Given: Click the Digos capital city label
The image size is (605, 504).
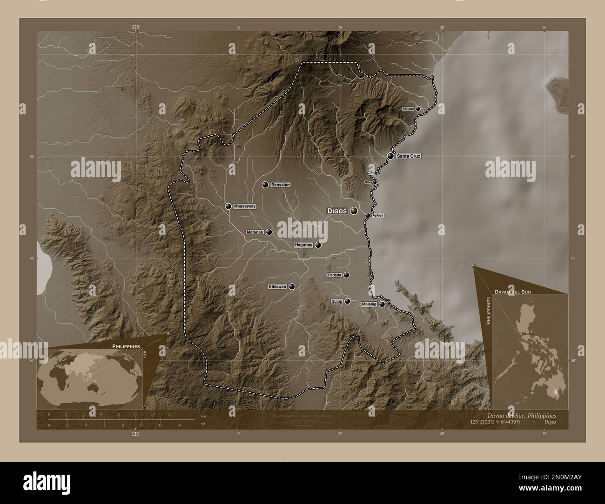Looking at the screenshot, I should click(337, 211).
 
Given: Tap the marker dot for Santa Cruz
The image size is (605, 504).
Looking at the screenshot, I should click(390, 156).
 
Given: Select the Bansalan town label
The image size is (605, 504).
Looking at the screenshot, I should click(281, 185).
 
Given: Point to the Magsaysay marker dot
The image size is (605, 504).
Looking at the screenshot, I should click(228, 206).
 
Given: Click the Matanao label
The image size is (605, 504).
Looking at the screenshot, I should click(255, 232).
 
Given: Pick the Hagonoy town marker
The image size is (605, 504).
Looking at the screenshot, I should click(318, 245).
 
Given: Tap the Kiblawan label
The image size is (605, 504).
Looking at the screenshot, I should click(277, 287).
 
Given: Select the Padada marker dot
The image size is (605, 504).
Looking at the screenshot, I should click(347, 275).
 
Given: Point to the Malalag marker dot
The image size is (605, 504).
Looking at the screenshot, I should click(382, 305).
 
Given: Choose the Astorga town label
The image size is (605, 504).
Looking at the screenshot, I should click(408, 108).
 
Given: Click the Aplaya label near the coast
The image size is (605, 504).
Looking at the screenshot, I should click(377, 215).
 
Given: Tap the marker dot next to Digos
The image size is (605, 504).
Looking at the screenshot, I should click(354, 211).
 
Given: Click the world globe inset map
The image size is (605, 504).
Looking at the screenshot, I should click(90, 376).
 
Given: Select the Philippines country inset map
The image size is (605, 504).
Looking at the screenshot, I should click(528, 353).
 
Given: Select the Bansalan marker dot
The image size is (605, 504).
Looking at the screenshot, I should click(265, 185).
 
